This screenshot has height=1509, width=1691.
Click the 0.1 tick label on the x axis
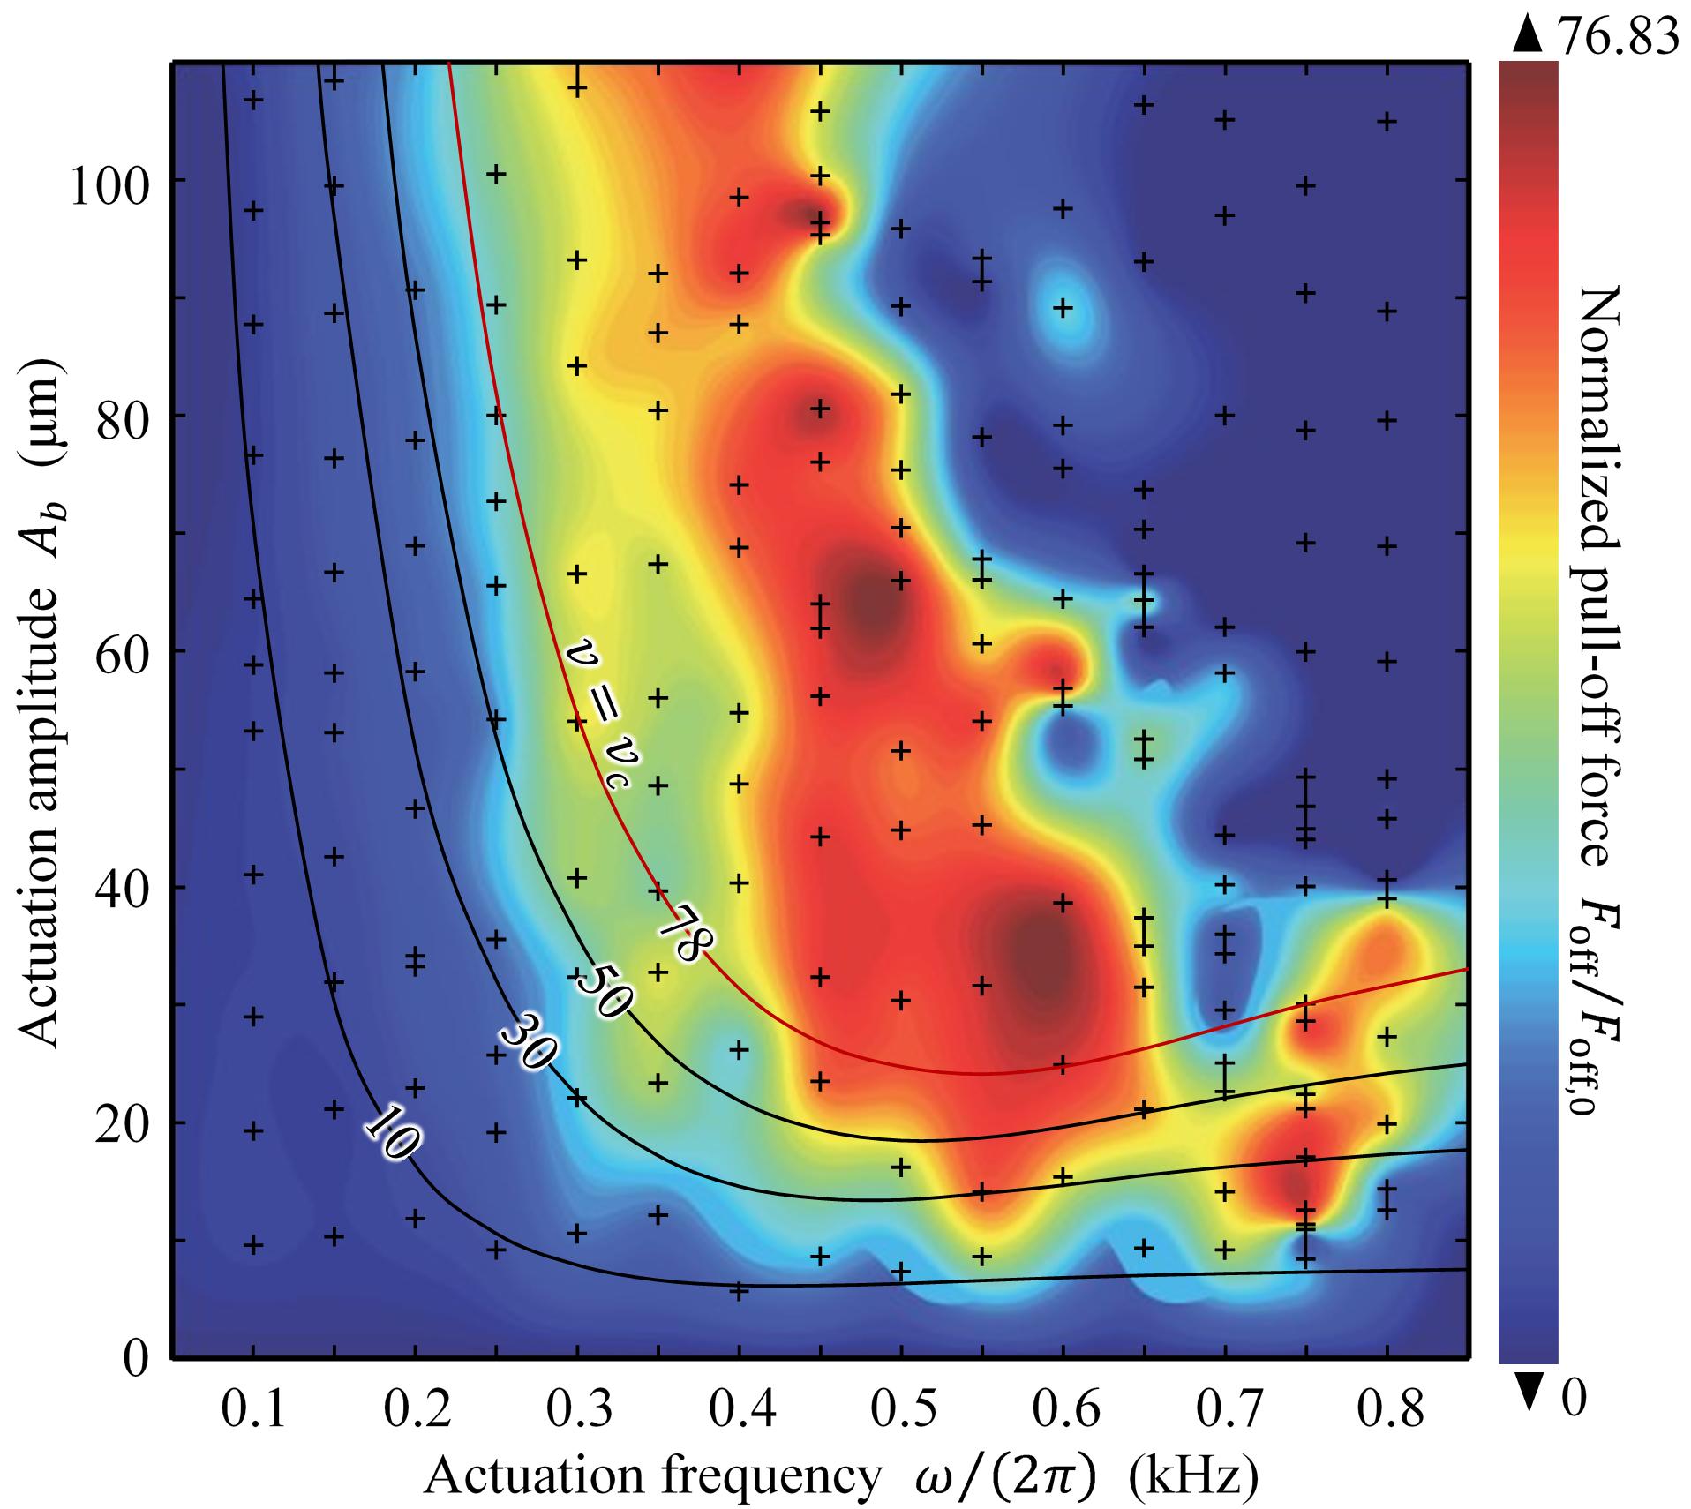(x=253, y=1411)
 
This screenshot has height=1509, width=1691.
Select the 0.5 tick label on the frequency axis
(x=901, y=1411)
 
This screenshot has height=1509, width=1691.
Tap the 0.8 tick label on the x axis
(x=1387, y=1411)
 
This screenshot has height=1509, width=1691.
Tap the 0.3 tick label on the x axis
(x=577, y=1411)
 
